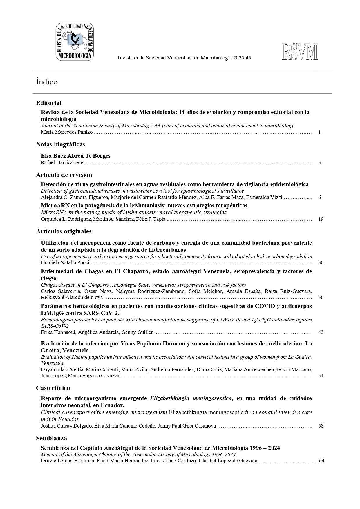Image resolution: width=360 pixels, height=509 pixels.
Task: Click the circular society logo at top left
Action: click(x=75, y=42)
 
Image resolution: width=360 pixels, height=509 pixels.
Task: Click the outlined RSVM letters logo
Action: click(x=300, y=52)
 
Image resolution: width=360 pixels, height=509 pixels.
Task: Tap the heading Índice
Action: click(x=46, y=82)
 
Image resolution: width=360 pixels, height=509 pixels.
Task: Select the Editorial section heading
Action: click(x=48, y=103)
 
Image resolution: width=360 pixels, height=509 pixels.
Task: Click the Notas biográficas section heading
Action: click(x=60, y=144)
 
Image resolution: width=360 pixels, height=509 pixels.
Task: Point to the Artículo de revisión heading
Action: click(x=64, y=175)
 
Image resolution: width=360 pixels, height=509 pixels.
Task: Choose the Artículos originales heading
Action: click(x=64, y=231)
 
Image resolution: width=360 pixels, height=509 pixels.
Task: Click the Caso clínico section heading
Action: click(x=53, y=388)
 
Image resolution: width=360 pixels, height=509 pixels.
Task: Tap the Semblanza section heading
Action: click(x=51, y=438)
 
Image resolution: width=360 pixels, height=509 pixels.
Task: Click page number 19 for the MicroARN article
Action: click(x=321, y=219)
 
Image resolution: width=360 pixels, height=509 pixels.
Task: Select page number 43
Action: click(x=321, y=332)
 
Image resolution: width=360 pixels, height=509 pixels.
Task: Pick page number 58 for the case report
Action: click(x=321, y=426)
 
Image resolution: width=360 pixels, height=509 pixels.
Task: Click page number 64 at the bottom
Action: click(x=321, y=461)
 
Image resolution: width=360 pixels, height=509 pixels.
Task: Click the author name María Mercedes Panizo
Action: click(x=67, y=132)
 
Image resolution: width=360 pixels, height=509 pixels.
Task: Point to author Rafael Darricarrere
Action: click(x=62, y=162)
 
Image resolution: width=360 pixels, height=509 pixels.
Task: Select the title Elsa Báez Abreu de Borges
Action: click(x=75, y=156)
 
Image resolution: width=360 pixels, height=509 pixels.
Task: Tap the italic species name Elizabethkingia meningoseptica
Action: click(x=191, y=398)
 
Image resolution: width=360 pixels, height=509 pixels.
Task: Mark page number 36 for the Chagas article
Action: click(x=321, y=297)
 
